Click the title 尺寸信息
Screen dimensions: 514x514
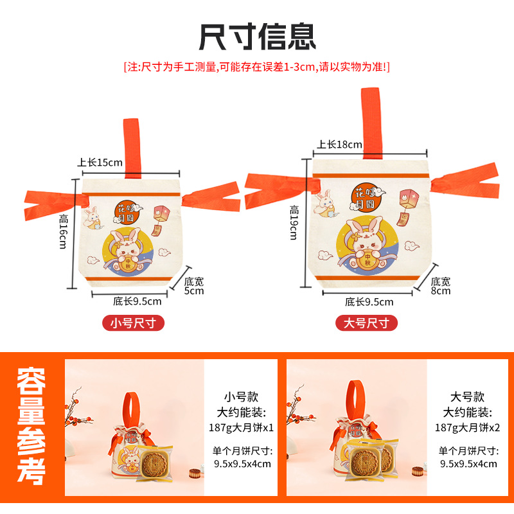click(x=257, y=36)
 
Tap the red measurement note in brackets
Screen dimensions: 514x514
click(x=257, y=66)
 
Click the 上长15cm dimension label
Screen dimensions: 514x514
click(x=100, y=162)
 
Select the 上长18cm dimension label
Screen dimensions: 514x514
click(x=339, y=144)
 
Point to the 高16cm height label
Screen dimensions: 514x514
click(x=63, y=232)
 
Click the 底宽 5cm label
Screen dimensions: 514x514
click(x=193, y=286)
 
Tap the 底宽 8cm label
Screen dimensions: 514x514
click(x=441, y=286)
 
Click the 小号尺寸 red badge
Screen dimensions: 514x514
click(x=134, y=323)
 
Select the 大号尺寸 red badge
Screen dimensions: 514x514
click(x=367, y=323)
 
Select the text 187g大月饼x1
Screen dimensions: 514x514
click(x=240, y=427)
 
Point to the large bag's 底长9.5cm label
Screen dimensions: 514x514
click(x=369, y=302)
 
